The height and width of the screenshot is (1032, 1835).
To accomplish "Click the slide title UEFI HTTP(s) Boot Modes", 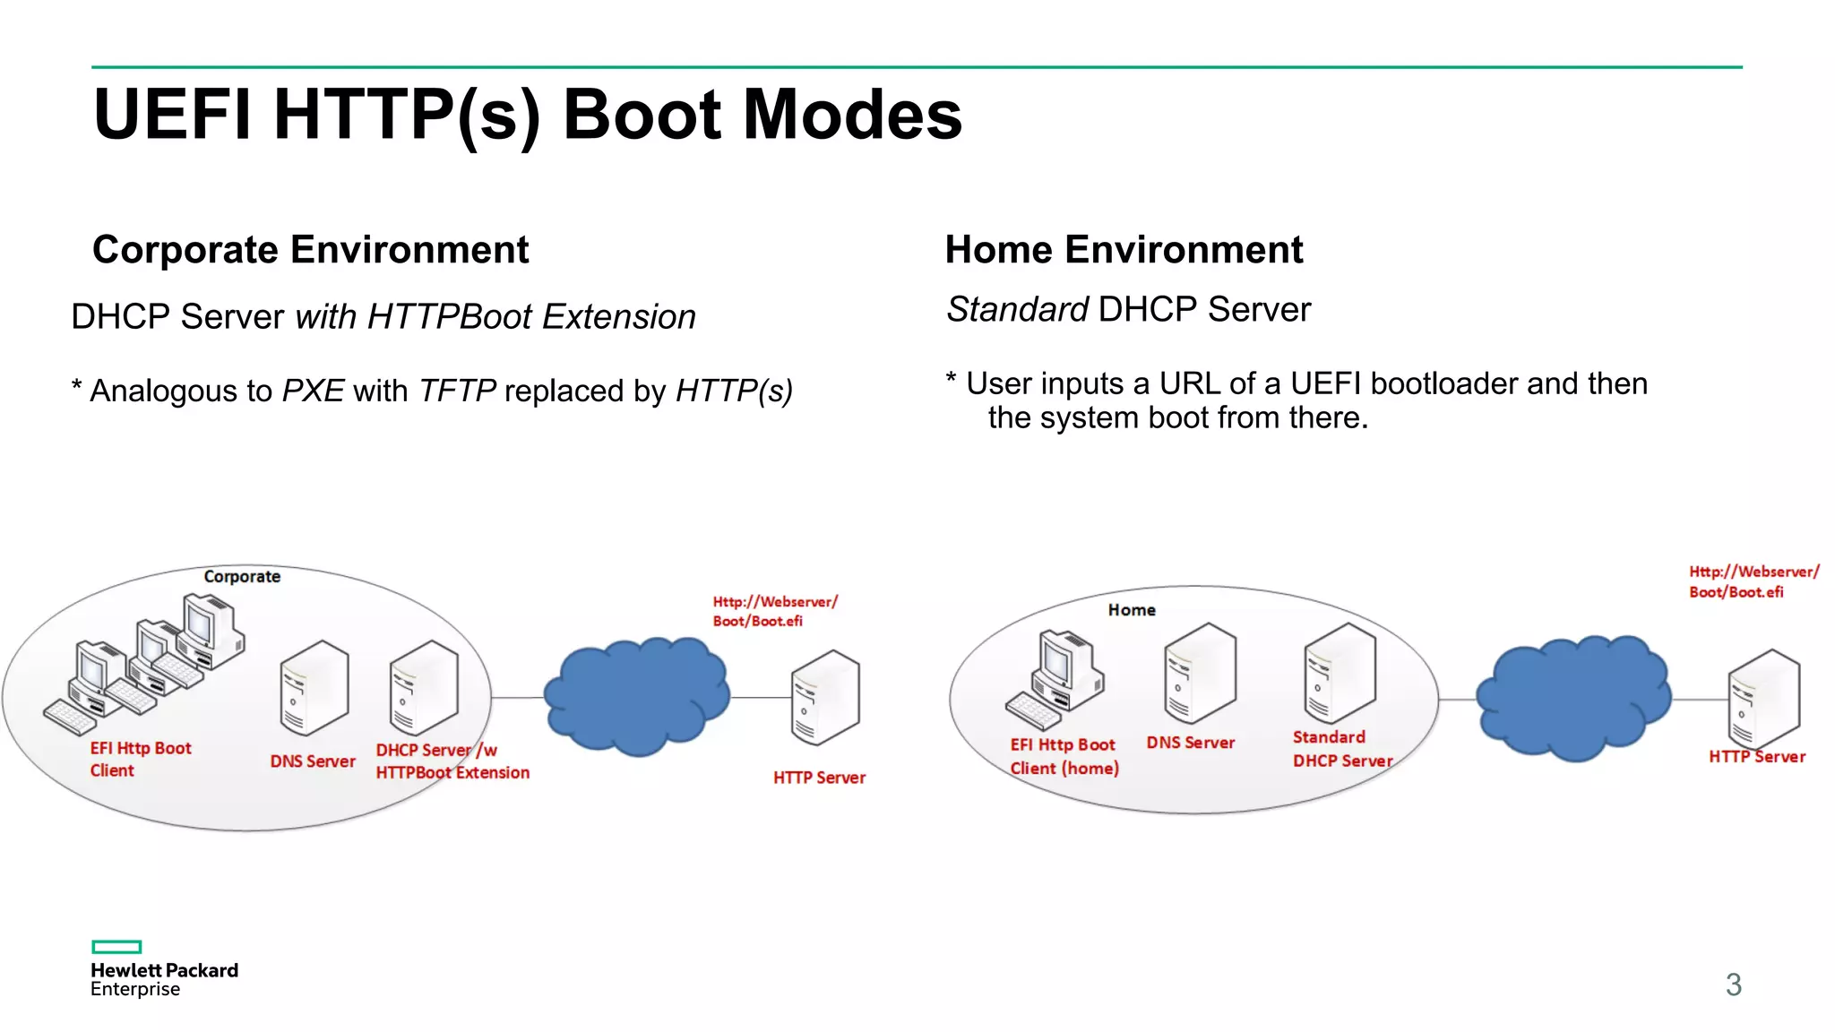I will [x=527, y=115].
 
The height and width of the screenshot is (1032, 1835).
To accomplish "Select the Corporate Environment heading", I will [x=310, y=250].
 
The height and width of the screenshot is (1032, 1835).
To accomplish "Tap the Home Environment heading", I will [x=1124, y=250].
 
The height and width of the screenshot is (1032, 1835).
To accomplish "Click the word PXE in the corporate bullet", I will [x=313, y=391].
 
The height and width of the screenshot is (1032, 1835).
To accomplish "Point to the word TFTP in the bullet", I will [x=457, y=391].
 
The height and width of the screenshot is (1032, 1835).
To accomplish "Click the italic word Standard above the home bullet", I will [x=1017, y=310].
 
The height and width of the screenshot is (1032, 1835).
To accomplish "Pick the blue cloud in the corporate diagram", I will [x=637, y=695].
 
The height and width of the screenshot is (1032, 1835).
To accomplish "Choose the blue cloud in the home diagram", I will [x=1573, y=697].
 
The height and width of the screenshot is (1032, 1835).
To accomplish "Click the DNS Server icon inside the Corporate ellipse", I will [x=314, y=688].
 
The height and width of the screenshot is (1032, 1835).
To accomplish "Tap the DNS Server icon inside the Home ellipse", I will [x=1200, y=673].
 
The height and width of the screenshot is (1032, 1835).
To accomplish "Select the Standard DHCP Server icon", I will [x=1340, y=673].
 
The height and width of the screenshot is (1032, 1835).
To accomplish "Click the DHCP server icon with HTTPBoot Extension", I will [x=424, y=688].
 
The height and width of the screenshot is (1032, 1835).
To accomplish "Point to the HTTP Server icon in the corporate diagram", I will [x=825, y=698].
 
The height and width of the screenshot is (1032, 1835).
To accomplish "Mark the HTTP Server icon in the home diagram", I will [x=1763, y=699].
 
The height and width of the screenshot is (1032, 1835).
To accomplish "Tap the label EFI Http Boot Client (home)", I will [x=1064, y=757].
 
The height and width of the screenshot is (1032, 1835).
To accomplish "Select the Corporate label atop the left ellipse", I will [x=242, y=577].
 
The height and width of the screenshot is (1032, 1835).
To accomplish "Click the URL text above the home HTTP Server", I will [x=1753, y=581].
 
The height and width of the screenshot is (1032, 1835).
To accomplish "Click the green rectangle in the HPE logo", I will [x=116, y=947].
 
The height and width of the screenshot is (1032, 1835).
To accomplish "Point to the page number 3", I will [x=1733, y=985].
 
